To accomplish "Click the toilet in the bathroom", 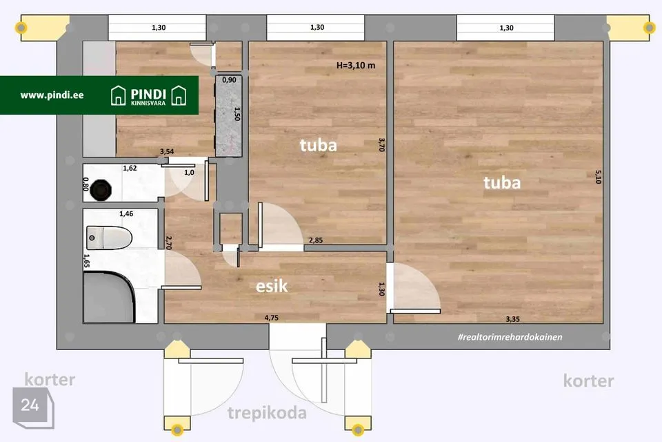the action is click(x=109, y=238).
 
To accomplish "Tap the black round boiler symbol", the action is click(x=101, y=189).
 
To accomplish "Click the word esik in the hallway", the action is click(x=272, y=287).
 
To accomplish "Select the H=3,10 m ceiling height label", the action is click(x=356, y=66).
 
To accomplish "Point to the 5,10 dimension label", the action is click(x=598, y=177).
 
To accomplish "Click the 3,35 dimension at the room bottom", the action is click(x=512, y=319).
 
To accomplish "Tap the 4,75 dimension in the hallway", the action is click(x=272, y=318).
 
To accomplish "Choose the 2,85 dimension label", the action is click(x=316, y=240).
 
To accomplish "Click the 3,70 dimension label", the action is click(x=381, y=144).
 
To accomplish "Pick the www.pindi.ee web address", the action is click(x=52, y=95).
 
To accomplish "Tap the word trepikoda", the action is click(x=267, y=413).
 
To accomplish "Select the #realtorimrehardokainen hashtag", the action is click(x=510, y=337).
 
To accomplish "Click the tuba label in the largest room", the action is click(x=502, y=183).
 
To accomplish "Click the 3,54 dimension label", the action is click(x=167, y=151).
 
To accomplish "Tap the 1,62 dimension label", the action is click(x=130, y=168).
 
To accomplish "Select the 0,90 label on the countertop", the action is click(x=229, y=80).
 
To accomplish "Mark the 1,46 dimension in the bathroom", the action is click(x=126, y=213).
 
